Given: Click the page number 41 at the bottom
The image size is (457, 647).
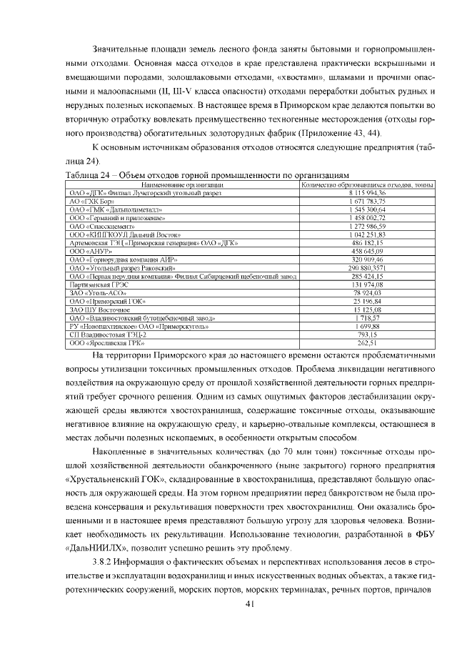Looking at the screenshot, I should pos(249,603).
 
